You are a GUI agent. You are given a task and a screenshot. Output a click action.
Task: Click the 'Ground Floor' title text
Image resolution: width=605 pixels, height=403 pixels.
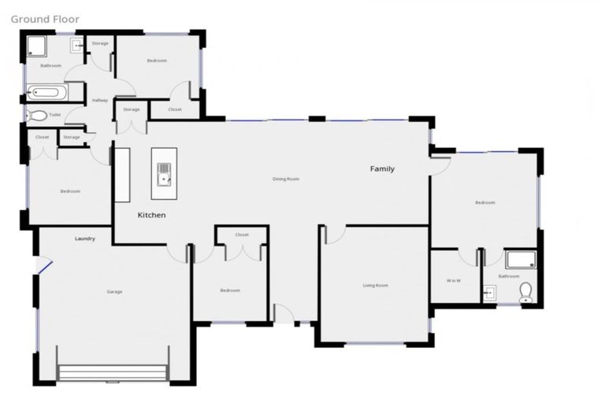coord(45,18)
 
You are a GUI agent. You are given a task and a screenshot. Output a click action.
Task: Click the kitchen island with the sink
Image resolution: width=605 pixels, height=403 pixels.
coord(164,172)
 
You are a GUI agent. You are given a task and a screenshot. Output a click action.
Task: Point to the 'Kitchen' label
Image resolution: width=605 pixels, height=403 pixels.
coord(152,215)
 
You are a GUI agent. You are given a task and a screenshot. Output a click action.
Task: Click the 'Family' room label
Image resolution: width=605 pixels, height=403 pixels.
coord(383,168)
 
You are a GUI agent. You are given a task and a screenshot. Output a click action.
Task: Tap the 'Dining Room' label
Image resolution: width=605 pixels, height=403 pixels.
coord(286,179)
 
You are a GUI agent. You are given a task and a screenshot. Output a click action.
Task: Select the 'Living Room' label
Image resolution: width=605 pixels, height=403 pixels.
coord(375,285)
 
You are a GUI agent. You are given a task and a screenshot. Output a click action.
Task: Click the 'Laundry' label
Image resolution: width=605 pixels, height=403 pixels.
coord(85,238)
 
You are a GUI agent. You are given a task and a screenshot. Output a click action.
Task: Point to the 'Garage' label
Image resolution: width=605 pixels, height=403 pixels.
coord(114,292)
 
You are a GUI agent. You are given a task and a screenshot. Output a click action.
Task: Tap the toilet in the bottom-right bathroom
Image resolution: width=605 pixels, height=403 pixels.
coord(526,293)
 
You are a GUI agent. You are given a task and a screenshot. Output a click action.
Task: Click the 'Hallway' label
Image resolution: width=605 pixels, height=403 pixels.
coord(100,100)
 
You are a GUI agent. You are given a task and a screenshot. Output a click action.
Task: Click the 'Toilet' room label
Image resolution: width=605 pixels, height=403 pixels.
coord(54,115)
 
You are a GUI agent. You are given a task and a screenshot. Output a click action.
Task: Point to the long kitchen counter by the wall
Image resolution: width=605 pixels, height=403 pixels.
coord(122,174)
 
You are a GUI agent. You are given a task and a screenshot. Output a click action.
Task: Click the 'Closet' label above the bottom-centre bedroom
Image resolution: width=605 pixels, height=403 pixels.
coord(242,235)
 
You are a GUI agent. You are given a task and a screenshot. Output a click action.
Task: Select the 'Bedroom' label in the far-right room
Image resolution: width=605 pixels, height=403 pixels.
coord(484,202)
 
